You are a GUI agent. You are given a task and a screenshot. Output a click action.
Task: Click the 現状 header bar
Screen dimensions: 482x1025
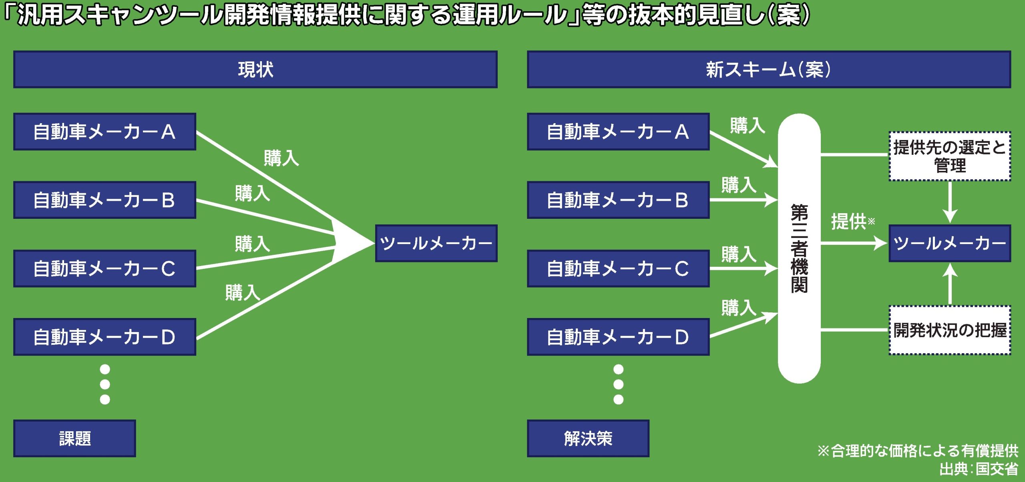point(255,69)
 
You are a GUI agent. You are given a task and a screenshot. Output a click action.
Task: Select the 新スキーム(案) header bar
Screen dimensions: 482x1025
point(768,69)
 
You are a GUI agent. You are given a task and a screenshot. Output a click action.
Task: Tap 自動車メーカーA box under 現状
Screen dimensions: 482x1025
point(105,132)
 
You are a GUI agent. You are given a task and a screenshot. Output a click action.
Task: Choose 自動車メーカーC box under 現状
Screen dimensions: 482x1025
point(105,268)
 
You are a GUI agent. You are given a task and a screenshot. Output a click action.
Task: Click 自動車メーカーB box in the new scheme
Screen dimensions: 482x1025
point(618,200)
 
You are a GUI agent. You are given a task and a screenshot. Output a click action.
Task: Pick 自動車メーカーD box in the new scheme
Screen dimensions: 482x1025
point(618,337)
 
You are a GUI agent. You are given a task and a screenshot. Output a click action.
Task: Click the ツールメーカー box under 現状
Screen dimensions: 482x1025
point(436,243)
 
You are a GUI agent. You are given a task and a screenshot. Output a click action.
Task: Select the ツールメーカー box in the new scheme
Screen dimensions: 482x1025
point(949,243)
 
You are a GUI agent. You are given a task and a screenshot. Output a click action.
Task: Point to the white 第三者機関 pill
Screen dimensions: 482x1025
point(799,248)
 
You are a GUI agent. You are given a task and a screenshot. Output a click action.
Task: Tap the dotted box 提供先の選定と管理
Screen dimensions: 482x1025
point(949,156)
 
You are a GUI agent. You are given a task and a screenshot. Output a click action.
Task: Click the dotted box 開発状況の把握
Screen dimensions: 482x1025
point(949,330)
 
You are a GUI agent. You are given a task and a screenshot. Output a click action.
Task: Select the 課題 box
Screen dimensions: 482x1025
point(74,438)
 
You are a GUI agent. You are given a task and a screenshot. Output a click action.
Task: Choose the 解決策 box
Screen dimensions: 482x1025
point(588,438)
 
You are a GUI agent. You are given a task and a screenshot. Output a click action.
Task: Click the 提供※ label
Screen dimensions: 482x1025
point(852,221)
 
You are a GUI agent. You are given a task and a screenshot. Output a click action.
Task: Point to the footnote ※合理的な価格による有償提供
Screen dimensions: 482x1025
point(918,451)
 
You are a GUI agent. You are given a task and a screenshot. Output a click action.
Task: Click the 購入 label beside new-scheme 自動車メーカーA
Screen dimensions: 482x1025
point(747,125)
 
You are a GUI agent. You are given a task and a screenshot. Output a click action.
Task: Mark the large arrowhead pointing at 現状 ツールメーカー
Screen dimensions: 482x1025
point(352,243)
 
